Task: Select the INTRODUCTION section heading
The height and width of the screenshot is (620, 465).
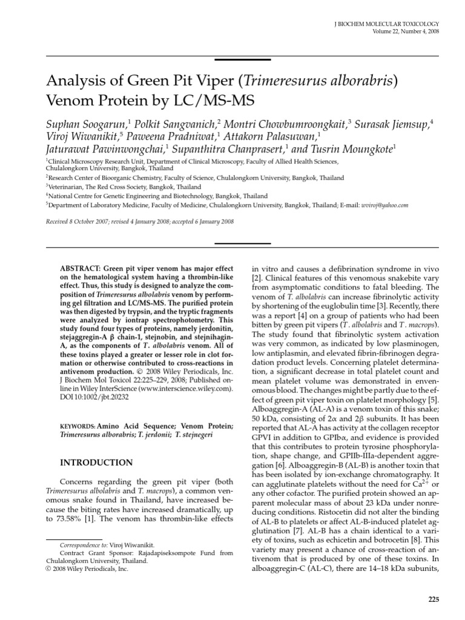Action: pos(96,463)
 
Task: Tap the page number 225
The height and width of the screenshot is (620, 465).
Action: pos(433,599)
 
